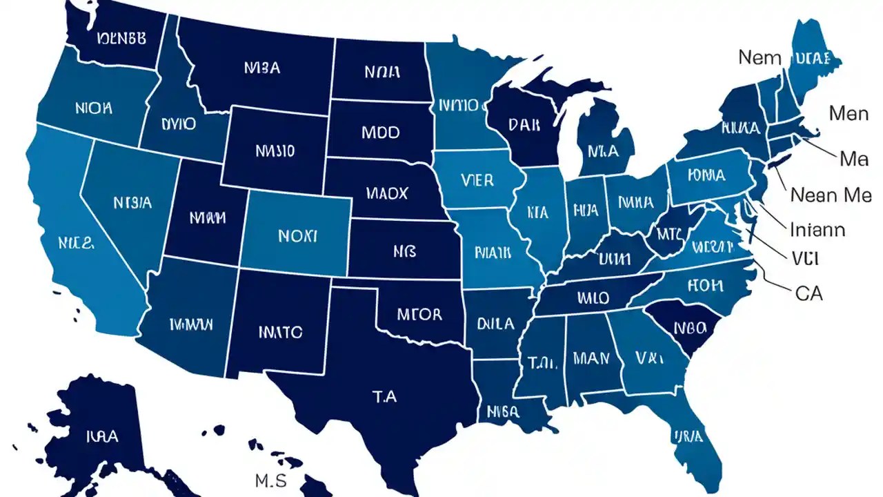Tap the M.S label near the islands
tap(270, 479)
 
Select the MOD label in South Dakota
tap(380, 132)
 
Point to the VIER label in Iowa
tap(476, 180)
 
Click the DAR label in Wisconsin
tap(526, 124)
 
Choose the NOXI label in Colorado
tap(297, 236)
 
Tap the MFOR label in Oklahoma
tap(419, 315)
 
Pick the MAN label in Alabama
tap(591, 358)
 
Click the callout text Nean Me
tap(831, 195)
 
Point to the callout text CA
tap(808, 293)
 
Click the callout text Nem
tap(760, 57)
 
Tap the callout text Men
tap(848, 113)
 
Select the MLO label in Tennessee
tap(593, 298)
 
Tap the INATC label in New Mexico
tap(280, 332)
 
